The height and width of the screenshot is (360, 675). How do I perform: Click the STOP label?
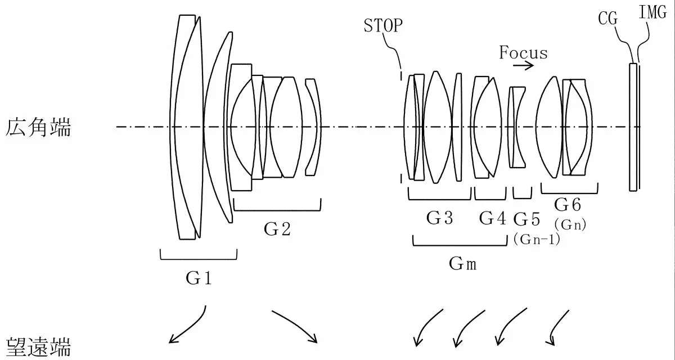[384, 26]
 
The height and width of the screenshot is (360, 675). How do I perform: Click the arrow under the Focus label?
[523, 66]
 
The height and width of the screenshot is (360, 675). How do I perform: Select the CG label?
[607, 19]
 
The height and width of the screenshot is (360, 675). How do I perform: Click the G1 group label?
[198, 277]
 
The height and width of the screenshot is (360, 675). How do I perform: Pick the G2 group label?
[277, 229]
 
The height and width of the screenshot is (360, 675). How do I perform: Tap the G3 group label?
[439, 218]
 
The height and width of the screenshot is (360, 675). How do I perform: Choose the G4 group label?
[492, 218]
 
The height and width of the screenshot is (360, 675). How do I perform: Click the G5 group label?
[527, 218]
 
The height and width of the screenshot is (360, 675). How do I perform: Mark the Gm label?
[462, 263]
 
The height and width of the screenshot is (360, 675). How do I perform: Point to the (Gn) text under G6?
[570, 224]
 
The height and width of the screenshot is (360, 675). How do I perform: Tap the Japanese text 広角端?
[39, 127]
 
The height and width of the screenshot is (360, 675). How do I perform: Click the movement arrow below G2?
[295, 326]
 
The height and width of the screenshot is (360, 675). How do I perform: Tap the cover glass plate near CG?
[633, 127]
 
